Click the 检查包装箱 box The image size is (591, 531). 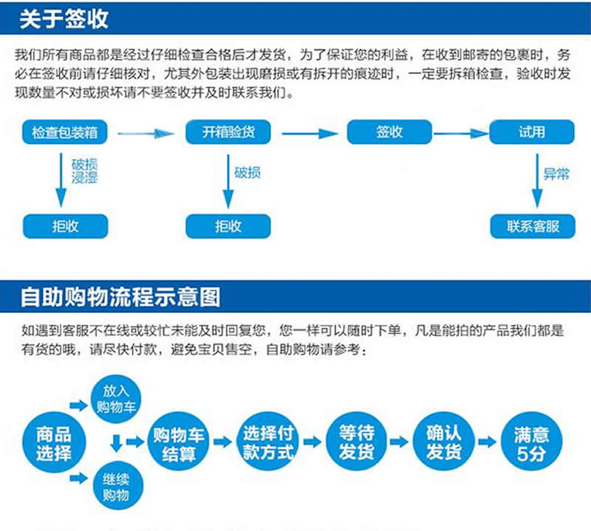pyautogui.click(x=65, y=133)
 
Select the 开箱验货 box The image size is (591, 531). pyautogui.click(x=228, y=133)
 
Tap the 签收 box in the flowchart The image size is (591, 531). pyautogui.click(x=389, y=133)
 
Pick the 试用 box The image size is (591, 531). pyautogui.click(x=532, y=133)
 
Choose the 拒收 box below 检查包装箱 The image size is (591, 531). pyautogui.click(x=65, y=226)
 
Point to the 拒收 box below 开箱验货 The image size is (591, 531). pyautogui.click(x=228, y=226)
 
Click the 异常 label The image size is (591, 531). pyautogui.click(x=556, y=174)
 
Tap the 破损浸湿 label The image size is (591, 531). pyautogui.click(x=84, y=171)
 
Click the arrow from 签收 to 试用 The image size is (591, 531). pyautogui.click(x=461, y=134)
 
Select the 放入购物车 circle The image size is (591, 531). pyautogui.click(x=116, y=398)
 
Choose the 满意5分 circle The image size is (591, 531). pyautogui.click(x=530, y=442)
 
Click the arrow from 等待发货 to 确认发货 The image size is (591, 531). pyautogui.click(x=399, y=442)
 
